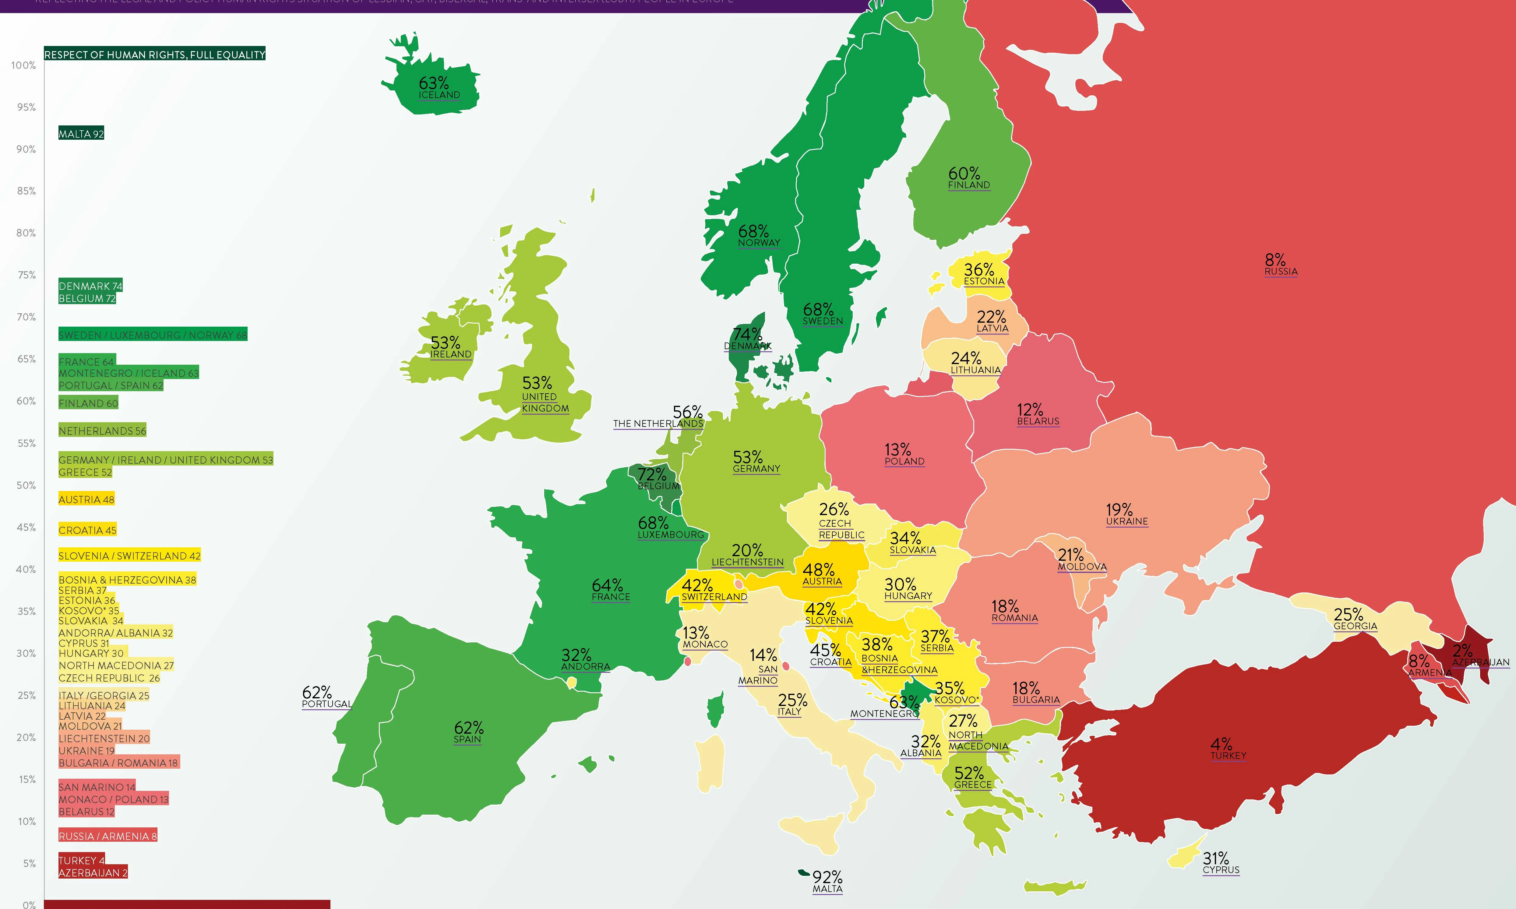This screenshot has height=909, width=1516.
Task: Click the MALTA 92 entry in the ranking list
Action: [x=81, y=134]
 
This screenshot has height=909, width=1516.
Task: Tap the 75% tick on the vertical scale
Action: [x=26, y=275]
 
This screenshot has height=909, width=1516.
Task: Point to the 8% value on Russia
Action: [x=1275, y=260]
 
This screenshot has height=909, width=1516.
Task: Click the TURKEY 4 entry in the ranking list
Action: [x=82, y=860]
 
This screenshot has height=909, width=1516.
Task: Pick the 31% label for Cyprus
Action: [x=1216, y=858]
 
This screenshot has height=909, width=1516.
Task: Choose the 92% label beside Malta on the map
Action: [x=827, y=877]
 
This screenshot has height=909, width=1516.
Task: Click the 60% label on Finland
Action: [x=964, y=173]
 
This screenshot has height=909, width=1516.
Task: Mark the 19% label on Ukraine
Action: [x=1119, y=510]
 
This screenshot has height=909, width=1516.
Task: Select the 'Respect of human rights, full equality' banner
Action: [x=154, y=54]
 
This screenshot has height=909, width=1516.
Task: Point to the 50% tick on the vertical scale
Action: [x=26, y=485]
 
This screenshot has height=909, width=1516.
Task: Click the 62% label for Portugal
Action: [x=317, y=692]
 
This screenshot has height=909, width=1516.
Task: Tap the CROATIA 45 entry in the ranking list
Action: [x=87, y=530]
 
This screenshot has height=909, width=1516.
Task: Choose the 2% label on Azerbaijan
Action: [x=1462, y=651]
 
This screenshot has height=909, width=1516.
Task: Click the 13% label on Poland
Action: [x=898, y=450]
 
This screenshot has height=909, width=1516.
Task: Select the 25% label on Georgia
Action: [x=1348, y=614]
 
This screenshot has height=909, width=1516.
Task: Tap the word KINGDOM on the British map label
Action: [x=545, y=409]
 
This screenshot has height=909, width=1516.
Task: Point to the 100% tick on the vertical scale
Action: [x=24, y=65]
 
